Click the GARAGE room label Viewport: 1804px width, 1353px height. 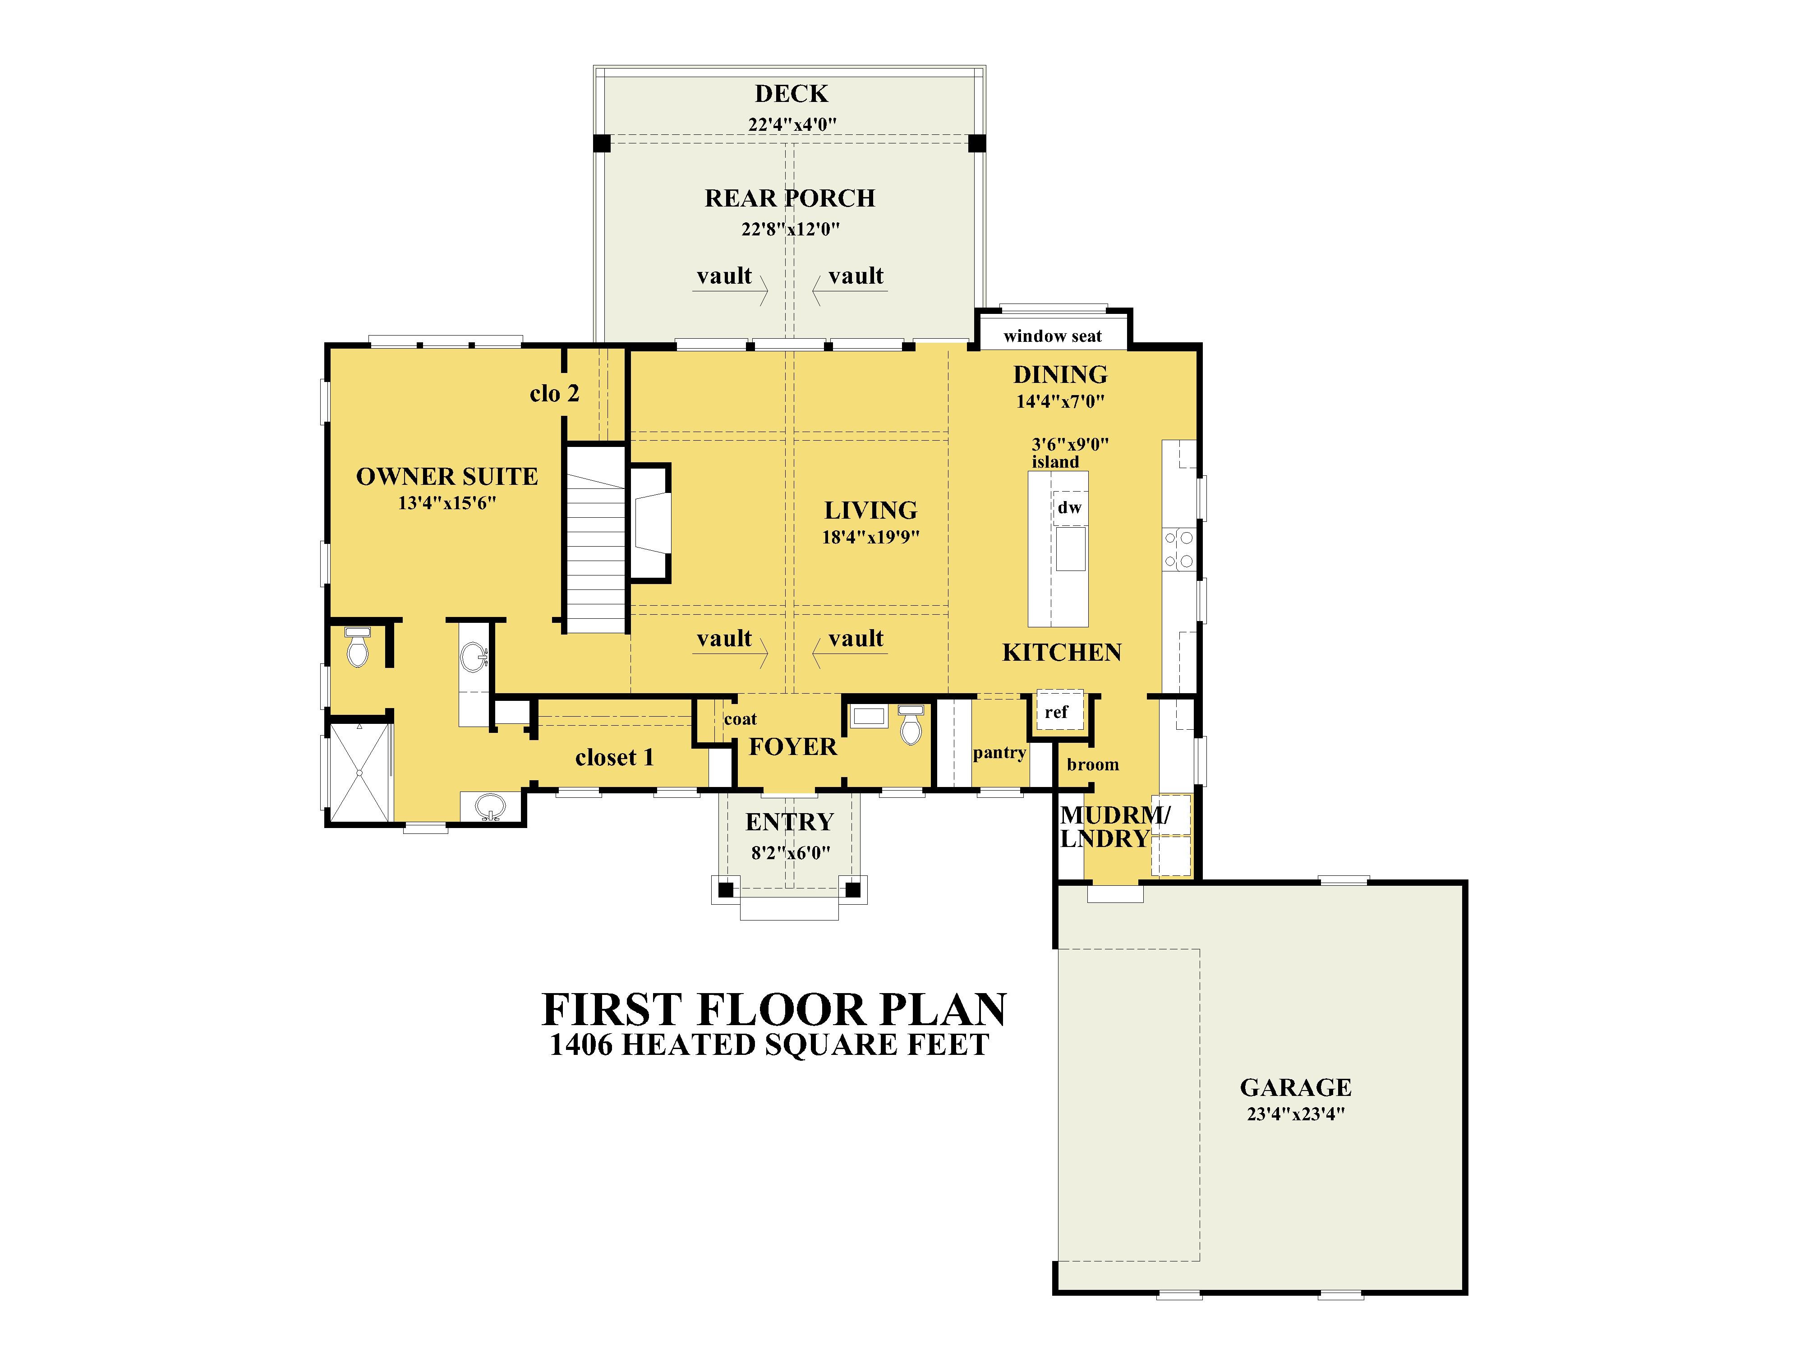[x=1295, y=1087]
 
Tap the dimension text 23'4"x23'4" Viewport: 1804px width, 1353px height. [x=1295, y=1114]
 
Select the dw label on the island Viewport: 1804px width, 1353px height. [x=1069, y=508]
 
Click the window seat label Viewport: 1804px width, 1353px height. [x=1052, y=336]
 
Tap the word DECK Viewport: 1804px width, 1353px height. [x=791, y=94]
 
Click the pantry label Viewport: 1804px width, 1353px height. [x=999, y=753]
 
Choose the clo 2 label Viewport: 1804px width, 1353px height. [x=555, y=394]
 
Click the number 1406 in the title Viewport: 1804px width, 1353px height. [x=581, y=1045]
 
